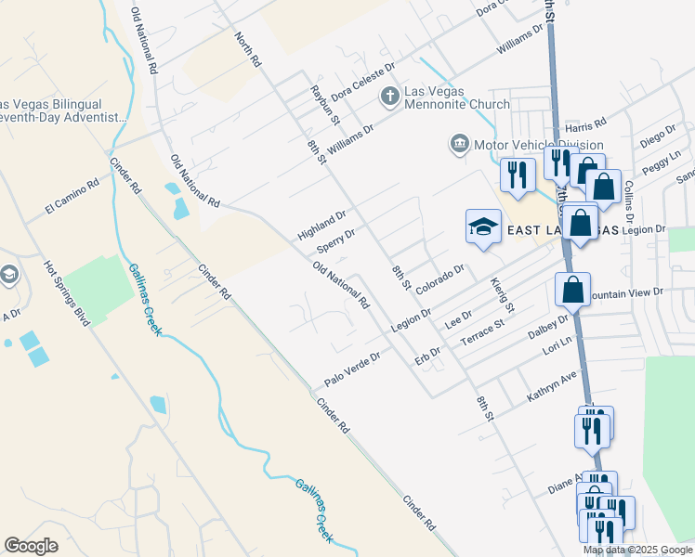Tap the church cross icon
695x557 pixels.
point(390,96)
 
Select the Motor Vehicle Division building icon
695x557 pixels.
point(459,145)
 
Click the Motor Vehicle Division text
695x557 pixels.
point(539,145)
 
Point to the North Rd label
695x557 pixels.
point(248,49)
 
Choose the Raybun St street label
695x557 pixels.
point(325,104)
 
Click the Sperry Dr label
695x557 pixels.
point(336,240)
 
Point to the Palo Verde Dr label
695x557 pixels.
point(353,370)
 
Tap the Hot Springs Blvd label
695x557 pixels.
point(67,292)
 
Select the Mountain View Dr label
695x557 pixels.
point(627,292)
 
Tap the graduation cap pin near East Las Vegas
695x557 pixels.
point(483,227)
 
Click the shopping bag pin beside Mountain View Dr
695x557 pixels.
point(573,289)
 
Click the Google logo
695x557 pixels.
point(32,546)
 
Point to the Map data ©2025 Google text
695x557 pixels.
point(636,550)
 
